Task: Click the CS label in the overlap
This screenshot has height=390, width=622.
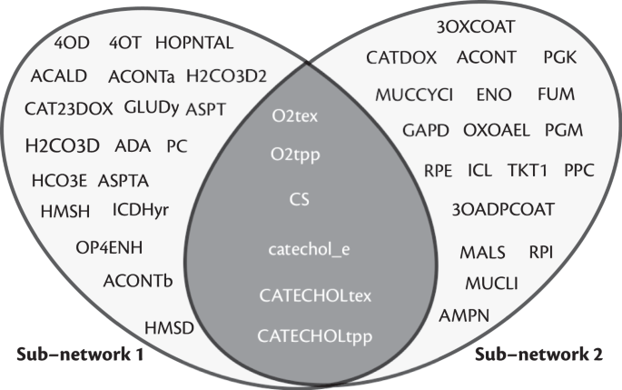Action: click(x=298, y=197)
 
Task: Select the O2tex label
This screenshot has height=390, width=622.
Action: click(x=294, y=116)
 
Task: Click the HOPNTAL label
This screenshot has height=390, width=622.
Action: click(x=194, y=42)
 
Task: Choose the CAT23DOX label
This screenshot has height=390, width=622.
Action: click(x=69, y=108)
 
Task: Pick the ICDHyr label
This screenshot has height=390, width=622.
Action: click(x=141, y=210)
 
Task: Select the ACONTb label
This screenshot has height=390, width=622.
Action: click(x=138, y=279)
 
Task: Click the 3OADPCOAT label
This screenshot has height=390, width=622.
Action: click(x=503, y=209)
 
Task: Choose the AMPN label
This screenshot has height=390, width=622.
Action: click(x=465, y=316)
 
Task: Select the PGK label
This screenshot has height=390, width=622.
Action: click(x=559, y=58)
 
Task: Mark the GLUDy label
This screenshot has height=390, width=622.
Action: click(x=151, y=106)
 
